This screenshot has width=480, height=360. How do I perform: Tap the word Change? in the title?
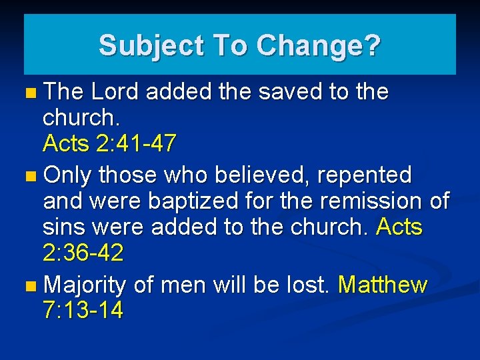click(318, 46)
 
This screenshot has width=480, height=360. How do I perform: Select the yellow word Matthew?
click(383, 285)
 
